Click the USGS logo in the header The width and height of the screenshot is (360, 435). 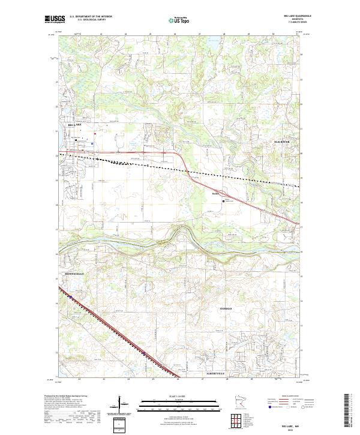point(55,19)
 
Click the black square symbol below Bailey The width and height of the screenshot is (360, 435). point(224,202)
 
